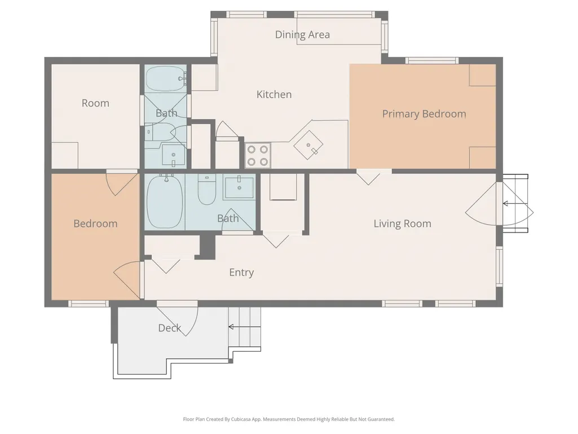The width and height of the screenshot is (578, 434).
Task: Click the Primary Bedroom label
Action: pyautogui.click(x=424, y=114)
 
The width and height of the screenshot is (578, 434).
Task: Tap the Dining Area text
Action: pyautogui.click(x=302, y=34)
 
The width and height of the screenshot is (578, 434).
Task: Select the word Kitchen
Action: pyautogui.click(x=274, y=94)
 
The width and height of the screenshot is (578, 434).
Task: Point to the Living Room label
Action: pyautogui.click(x=402, y=223)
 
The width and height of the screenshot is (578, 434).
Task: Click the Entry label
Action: pyautogui.click(x=241, y=273)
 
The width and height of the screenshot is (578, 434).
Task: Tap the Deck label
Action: pyautogui.click(x=170, y=328)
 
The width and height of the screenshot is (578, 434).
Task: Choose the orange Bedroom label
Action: pyautogui.click(x=95, y=223)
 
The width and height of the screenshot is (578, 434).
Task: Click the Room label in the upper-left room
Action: pyautogui.click(x=95, y=103)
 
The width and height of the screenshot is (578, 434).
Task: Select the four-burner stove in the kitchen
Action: pyautogui.click(x=258, y=155)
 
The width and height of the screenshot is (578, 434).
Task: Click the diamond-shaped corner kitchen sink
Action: pyautogui.click(x=308, y=145)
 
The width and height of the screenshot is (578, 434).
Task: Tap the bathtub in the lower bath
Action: pyautogui.click(x=165, y=201)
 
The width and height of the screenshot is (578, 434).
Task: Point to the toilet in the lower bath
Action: pyautogui.click(x=207, y=189)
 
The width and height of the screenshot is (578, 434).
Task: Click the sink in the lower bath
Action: pyautogui.click(x=239, y=188)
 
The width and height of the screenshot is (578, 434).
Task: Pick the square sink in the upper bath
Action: pyautogui.click(x=174, y=155)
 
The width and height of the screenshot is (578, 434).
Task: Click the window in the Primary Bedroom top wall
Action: pyautogui.click(x=432, y=60)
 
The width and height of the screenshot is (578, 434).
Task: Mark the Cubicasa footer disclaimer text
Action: pyautogui.click(x=289, y=419)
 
